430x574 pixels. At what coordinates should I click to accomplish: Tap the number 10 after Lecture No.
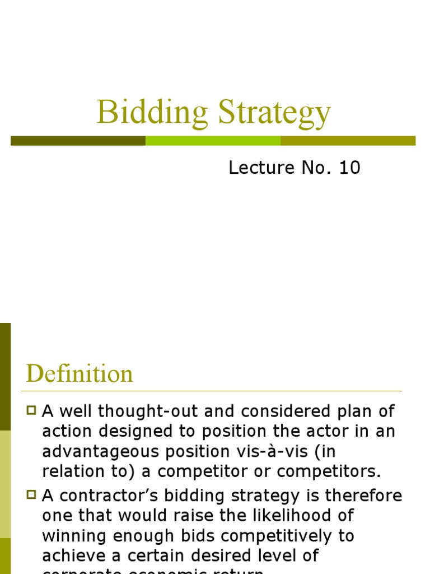coord(348,168)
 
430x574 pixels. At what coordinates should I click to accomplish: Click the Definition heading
coord(80,374)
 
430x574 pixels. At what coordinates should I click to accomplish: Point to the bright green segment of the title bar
coord(213,141)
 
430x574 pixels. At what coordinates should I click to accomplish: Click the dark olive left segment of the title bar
coord(78,141)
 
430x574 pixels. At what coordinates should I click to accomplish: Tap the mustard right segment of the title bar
coord(348,141)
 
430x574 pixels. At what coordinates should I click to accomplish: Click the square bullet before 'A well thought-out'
coord(31,411)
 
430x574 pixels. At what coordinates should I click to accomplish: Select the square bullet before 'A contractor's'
coord(31,495)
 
